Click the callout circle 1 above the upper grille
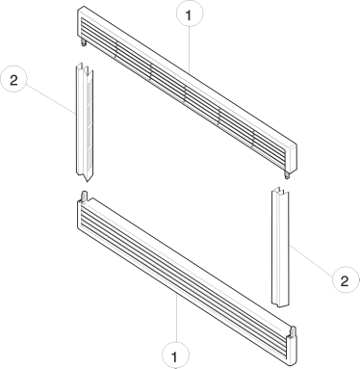190,14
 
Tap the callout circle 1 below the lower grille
175,356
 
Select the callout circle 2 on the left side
13,79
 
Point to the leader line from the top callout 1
190,50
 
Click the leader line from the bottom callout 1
177,318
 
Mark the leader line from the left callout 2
50,99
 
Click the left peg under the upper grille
84,43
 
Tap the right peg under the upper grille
287,174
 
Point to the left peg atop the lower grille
85,197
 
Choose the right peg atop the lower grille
293,331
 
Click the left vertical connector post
85,122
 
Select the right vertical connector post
280,247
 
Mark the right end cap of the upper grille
291,158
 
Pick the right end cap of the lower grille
291,349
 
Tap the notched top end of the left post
85,68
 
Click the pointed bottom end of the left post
85,176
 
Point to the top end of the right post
280,191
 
